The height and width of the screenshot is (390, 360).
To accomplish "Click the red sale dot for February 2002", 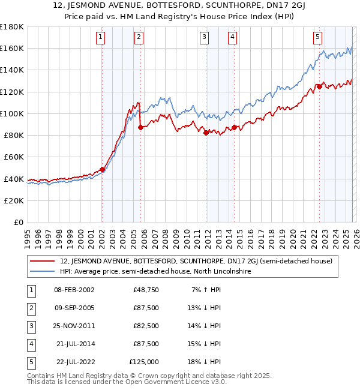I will pyautogui.click(x=102, y=169).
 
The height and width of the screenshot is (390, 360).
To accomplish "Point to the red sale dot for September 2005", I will pyautogui.click(x=140, y=127).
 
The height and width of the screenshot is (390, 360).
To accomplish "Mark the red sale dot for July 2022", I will pyautogui.click(x=319, y=86).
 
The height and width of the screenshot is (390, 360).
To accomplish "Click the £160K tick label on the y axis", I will pyautogui.click(x=11, y=48).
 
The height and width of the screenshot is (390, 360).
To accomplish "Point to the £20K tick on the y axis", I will pyautogui.click(x=13, y=200).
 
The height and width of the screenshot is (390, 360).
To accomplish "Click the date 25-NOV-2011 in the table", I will pyautogui.click(x=74, y=326).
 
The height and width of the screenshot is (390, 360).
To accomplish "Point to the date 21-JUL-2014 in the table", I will pyautogui.click(x=74, y=344).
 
